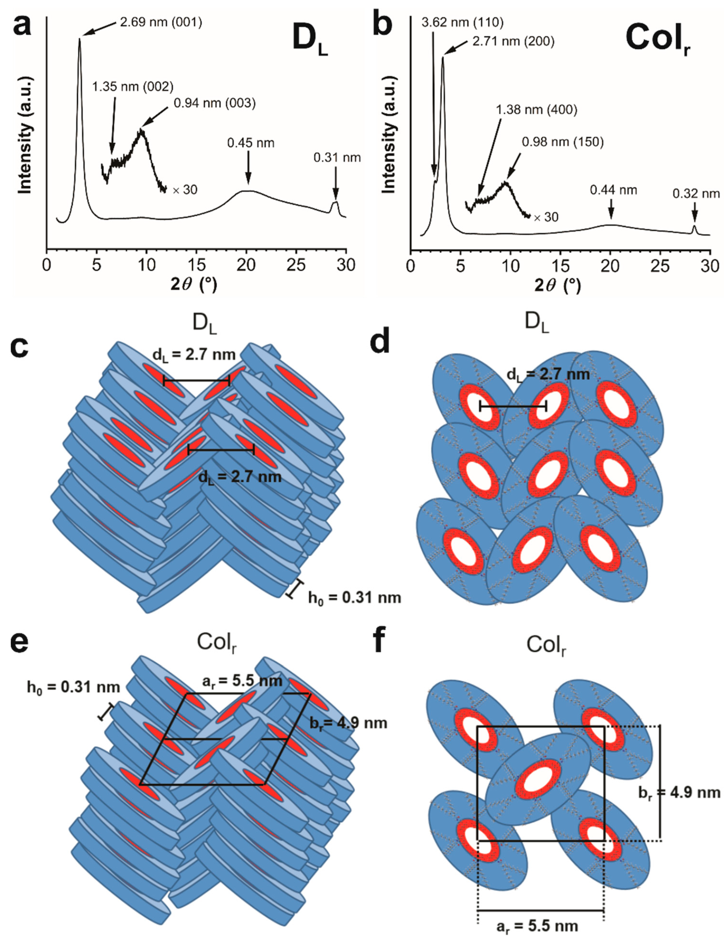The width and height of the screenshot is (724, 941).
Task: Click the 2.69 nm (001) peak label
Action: coord(161,22)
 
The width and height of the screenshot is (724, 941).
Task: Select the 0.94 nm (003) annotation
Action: coord(215,103)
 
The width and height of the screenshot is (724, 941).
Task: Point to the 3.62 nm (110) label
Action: coord(462,22)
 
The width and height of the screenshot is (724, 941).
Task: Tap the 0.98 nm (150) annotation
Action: coord(563,142)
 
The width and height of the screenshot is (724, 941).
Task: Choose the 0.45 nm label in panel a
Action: coord(251,143)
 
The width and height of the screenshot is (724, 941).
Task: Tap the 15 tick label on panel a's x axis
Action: coord(197,265)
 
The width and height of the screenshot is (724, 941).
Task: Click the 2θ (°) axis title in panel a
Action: coord(193,284)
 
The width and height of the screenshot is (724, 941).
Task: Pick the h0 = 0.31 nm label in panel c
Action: coord(354,598)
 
